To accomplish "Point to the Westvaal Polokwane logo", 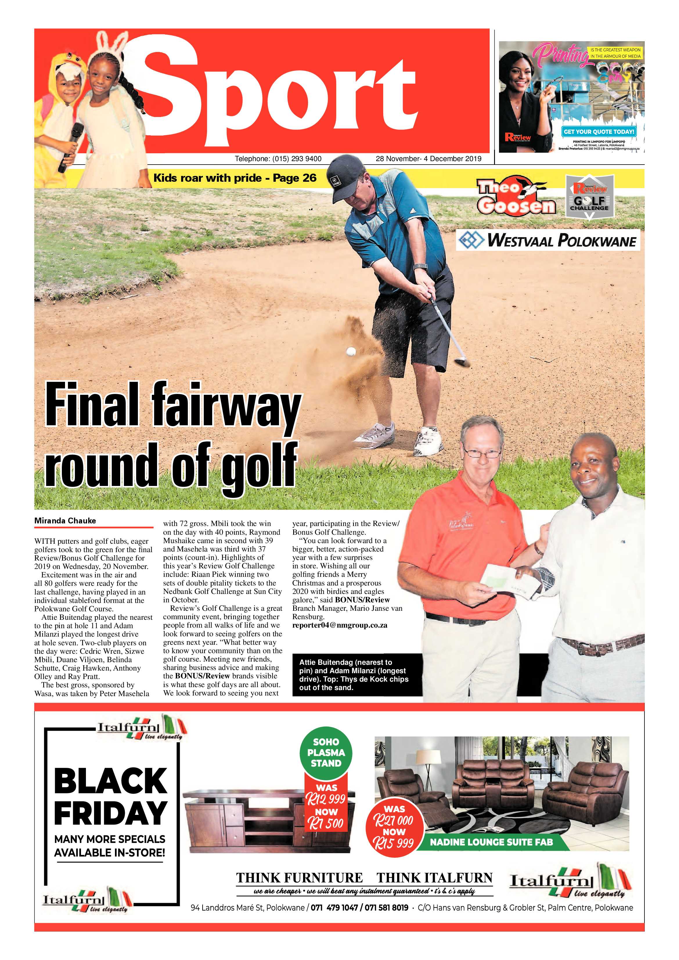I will [548, 240].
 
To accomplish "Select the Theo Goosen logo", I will [517, 197].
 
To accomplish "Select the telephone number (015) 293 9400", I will [278, 159].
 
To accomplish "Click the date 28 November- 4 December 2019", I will [428, 159].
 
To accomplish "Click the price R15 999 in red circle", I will [394, 842].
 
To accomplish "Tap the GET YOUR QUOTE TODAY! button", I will [599, 131].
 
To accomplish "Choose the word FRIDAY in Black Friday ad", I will [111, 813].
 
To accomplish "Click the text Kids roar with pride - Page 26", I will [235, 178].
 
